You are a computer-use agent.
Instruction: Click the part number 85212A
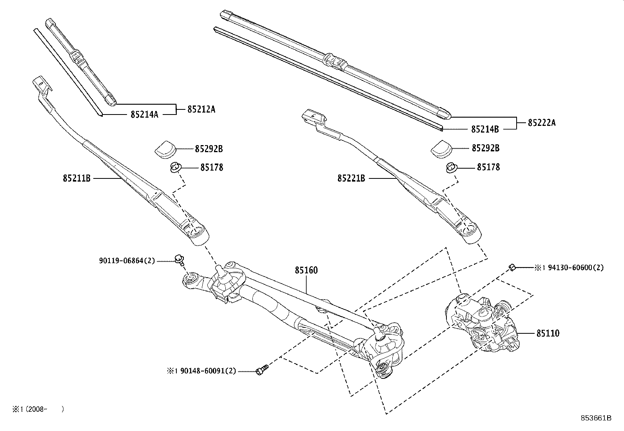pyautogui.click(x=201, y=109)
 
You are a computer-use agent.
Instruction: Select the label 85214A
pyautogui.click(x=144, y=115)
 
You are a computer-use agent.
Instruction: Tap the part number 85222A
pyautogui.click(x=542, y=123)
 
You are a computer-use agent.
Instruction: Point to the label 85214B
pyautogui.click(x=485, y=129)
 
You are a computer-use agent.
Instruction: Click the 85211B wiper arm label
pyautogui.click(x=76, y=178)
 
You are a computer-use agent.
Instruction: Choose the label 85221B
pyautogui.click(x=351, y=178)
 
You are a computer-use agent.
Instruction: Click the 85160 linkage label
pyautogui.click(x=306, y=271)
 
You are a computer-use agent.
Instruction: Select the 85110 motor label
pyautogui.click(x=548, y=333)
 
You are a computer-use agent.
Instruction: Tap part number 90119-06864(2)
pyautogui.click(x=127, y=260)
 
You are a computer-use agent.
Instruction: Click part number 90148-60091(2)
pyautogui.click(x=207, y=371)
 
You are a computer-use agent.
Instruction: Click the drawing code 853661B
pyautogui.click(x=596, y=418)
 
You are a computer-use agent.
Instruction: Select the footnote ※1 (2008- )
pyautogui.click(x=37, y=409)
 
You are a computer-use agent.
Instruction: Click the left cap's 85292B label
pyautogui.click(x=209, y=149)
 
